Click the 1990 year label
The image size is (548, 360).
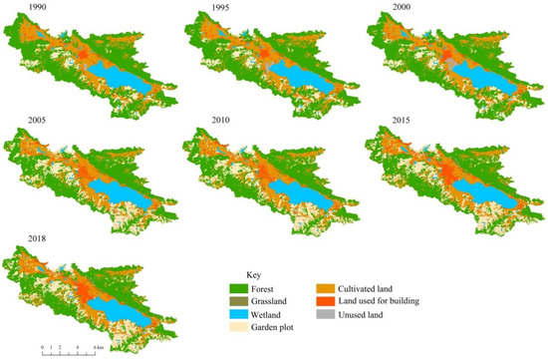click(x=16, y=10)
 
